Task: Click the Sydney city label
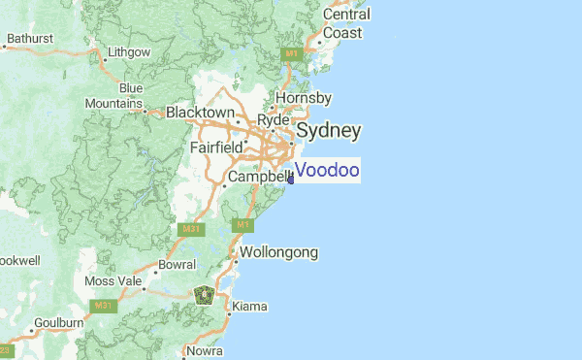(329, 130)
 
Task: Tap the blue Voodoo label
(327, 171)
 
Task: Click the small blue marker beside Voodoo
(291, 177)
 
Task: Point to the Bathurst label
(29, 40)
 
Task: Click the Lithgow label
(129, 51)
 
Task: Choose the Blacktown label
(200, 113)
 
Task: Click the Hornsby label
(304, 98)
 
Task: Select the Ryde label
(274, 119)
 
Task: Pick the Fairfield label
(216, 147)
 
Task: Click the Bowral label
(177, 264)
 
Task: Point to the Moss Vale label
(113, 281)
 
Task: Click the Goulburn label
(58, 322)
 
